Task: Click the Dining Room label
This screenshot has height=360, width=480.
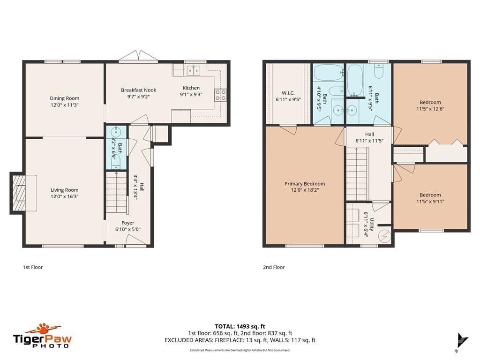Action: pos(65,98)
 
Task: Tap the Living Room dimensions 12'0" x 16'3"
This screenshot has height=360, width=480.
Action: pos(65,196)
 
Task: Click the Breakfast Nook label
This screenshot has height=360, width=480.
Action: pos(138,90)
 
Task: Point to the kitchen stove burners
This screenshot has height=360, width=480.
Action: pos(220,95)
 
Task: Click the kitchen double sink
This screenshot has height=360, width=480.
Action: pos(193,71)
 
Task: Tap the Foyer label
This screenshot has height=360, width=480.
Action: pos(127,223)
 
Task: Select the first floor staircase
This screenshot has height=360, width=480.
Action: pos(116,192)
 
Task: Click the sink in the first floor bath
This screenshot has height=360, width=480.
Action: pos(116,133)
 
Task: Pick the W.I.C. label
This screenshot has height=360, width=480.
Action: pos(288,93)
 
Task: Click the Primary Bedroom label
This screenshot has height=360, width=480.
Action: pos(305,184)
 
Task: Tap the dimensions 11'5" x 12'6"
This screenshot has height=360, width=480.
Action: pos(430,109)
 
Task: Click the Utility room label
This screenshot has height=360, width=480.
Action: pos(372,225)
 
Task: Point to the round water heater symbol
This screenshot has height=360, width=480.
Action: pos(384,236)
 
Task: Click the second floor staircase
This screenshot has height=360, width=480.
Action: pos(357,174)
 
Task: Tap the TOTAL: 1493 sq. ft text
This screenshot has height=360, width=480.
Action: pos(240,326)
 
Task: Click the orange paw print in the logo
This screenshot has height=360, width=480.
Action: pos(43,328)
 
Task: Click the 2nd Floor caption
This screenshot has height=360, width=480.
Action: pos(274,267)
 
